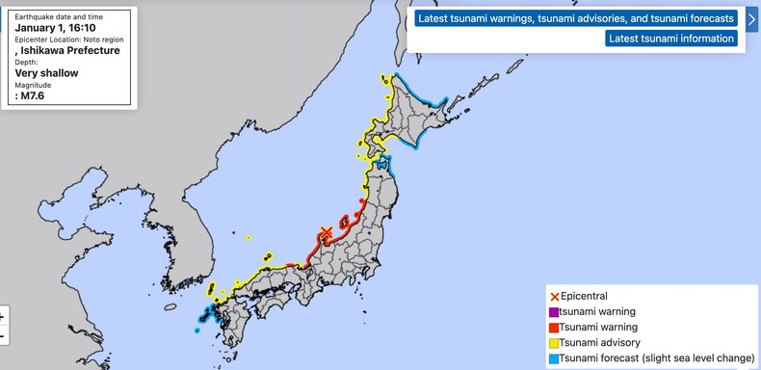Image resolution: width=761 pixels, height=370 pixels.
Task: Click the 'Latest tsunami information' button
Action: pyautogui.click(x=671, y=39)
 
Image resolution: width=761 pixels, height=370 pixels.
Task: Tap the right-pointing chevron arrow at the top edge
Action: pyautogui.click(x=751, y=18)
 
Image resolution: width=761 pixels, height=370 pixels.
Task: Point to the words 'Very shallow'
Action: pyautogui.click(x=46, y=72)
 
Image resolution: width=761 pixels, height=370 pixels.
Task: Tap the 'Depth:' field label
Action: pyautogui.click(x=27, y=62)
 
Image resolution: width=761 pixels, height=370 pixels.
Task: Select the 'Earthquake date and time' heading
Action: pyautogui.click(x=57, y=16)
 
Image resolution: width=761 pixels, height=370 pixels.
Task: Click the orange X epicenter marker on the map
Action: pyautogui.click(x=326, y=233)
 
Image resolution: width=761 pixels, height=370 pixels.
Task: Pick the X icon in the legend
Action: pyautogui.click(x=554, y=296)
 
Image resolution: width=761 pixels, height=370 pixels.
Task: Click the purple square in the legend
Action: pyautogui.click(x=554, y=311)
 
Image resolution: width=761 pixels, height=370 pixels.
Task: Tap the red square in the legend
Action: pyautogui.click(x=554, y=327)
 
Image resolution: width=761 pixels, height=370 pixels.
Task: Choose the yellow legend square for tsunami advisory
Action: pyautogui.click(x=554, y=342)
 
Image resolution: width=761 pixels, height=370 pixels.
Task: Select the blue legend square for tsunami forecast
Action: pyautogui.click(x=554, y=357)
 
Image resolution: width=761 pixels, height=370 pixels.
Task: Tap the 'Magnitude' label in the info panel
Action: pyautogui.click(x=34, y=85)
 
